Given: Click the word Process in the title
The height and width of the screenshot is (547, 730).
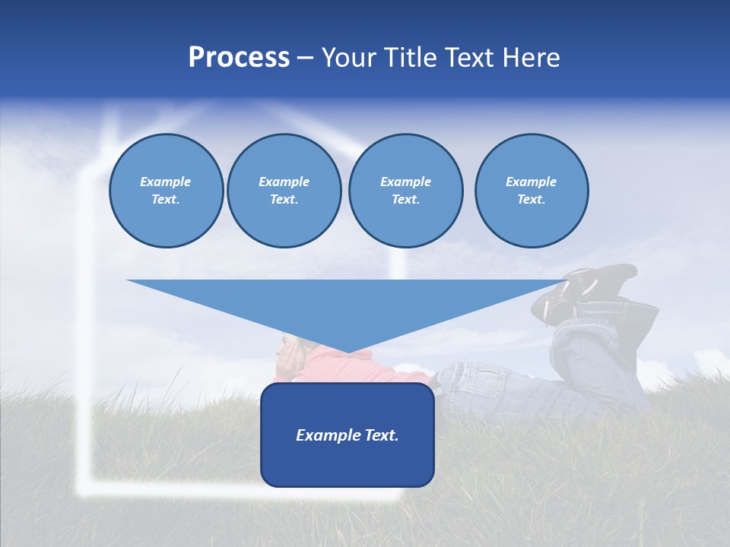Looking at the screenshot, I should [239, 58].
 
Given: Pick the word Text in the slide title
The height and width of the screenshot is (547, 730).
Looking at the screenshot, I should [469, 58].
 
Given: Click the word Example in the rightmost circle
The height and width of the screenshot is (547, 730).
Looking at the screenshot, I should [532, 182].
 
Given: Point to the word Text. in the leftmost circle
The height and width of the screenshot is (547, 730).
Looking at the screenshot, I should [166, 200].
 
